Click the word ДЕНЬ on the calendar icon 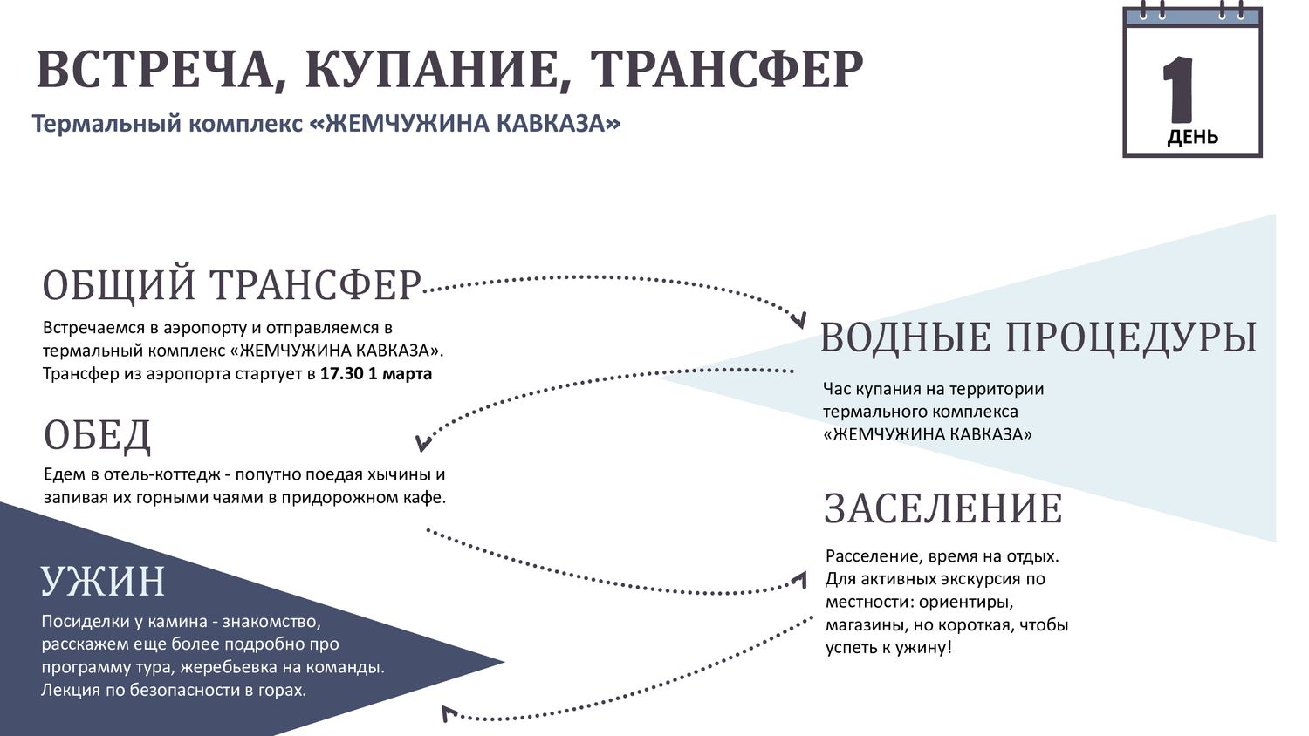point(1193,138)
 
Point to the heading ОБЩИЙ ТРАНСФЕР point(231,286)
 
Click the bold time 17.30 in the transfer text point(342,374)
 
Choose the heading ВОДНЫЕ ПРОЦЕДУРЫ point(1038,337)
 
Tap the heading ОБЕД point(97,436)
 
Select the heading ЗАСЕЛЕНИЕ point(943,508)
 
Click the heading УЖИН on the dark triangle point(103,581)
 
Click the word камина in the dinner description point(178,622)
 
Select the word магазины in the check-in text point(862,625)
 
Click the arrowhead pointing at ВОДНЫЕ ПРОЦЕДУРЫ point(798,319)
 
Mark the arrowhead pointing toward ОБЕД point(423,443)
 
